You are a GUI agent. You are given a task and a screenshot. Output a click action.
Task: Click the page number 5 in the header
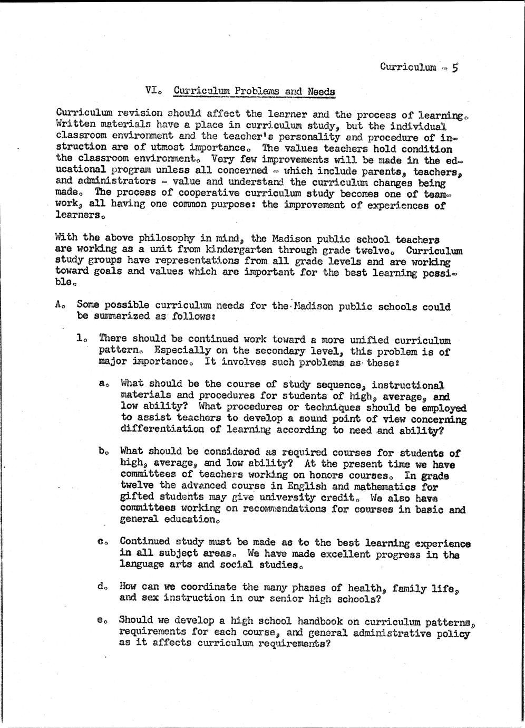click(x=455, y=68)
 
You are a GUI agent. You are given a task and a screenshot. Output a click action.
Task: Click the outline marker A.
click(x=58, y=304)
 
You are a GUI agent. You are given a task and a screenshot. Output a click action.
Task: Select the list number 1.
click(x=80, y=338)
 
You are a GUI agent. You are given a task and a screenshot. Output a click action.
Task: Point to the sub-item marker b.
click(x=101, y=451)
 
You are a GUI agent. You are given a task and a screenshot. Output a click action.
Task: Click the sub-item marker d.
click(x=101, y=587)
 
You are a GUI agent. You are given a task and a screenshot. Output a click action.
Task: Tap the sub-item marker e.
click(x=101, y=620)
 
